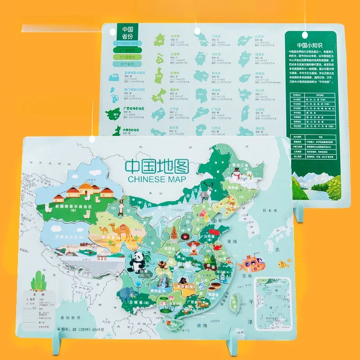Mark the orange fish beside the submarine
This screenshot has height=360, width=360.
coord(282,263)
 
